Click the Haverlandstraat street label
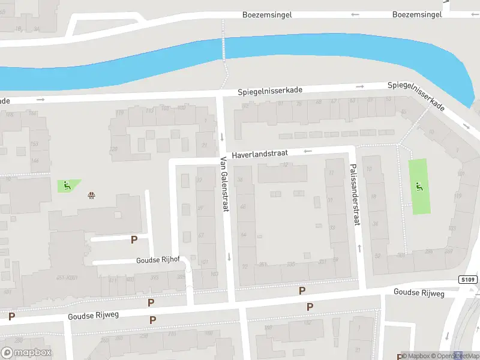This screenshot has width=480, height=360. pyautogui.click(x=261, y=154)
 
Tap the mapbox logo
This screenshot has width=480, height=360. pyautogui.click(x=26, y=353)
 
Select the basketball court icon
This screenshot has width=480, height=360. pyautogui.click(x=91, y=194)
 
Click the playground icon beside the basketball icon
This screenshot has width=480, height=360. pyautogui.click(x=67, y=185)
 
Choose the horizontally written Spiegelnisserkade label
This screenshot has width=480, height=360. pyautogui.click(x=269, y=91)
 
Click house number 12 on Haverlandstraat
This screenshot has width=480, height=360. pyautogui.click(x=285, y=164)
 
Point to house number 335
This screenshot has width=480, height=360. pyautogui.click(x=291, y=263)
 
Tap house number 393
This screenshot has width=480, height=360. pyautogui.click(x=154, y=277)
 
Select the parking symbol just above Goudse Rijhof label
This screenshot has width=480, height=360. pyautogui.click(x=134, y=239)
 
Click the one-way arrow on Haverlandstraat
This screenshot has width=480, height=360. pyautogui.click(x=308, y=151)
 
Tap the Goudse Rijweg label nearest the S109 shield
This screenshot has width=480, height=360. pyautogui.click(x=419, y=292)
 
